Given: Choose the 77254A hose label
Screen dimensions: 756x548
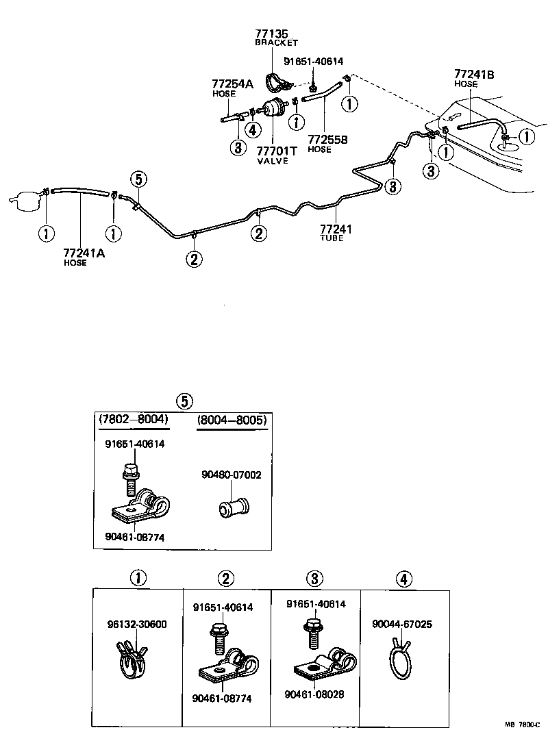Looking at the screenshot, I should coord(232,84).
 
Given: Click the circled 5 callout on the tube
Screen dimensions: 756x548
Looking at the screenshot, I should coord(138,179).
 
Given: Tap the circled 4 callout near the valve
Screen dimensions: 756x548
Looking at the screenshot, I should coord(253,129).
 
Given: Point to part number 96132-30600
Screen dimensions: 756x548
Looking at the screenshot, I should coord(137,624).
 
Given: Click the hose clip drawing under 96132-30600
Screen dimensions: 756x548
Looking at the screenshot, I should coord(134,659).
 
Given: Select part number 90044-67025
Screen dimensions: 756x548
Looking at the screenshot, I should coord(402,624).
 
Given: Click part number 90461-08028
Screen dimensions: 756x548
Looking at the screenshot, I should coord(315,694).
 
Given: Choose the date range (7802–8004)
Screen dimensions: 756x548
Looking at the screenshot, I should coord(134,419).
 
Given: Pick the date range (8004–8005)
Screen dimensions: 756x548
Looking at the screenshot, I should coord(231,419).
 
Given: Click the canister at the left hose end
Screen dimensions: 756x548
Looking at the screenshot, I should coord(25,201).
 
